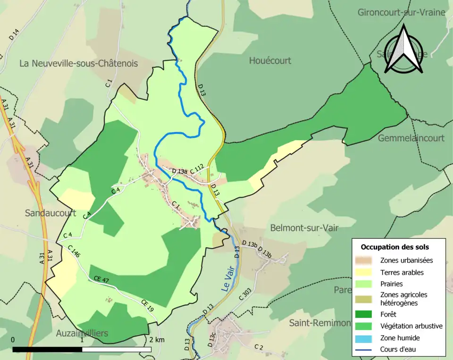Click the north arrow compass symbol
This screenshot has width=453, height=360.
(x=403, y=50)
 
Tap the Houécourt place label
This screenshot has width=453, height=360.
(x=270, y=60)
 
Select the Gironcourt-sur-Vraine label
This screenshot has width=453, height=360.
(x=401, y=12)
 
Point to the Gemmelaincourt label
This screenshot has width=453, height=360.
(x=411, y=138)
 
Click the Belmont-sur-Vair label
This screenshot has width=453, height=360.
(x=304, y=228)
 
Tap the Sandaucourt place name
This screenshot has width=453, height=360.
(x=50, y=213)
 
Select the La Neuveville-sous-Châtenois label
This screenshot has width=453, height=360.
(x=78, y=63)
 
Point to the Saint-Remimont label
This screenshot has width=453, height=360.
(x=319, y=323)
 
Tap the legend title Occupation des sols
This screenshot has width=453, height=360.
(x=394, y=247)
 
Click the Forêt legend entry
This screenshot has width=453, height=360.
(x=388, y=314)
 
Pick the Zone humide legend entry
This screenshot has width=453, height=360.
(x=400, y=338)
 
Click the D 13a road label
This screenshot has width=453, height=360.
(x=180, y=171)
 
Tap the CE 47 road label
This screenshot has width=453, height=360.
(x=101, y=280)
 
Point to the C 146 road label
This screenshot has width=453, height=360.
(x=74, y=251)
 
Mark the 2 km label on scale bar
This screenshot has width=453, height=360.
(x=157, y=340)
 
